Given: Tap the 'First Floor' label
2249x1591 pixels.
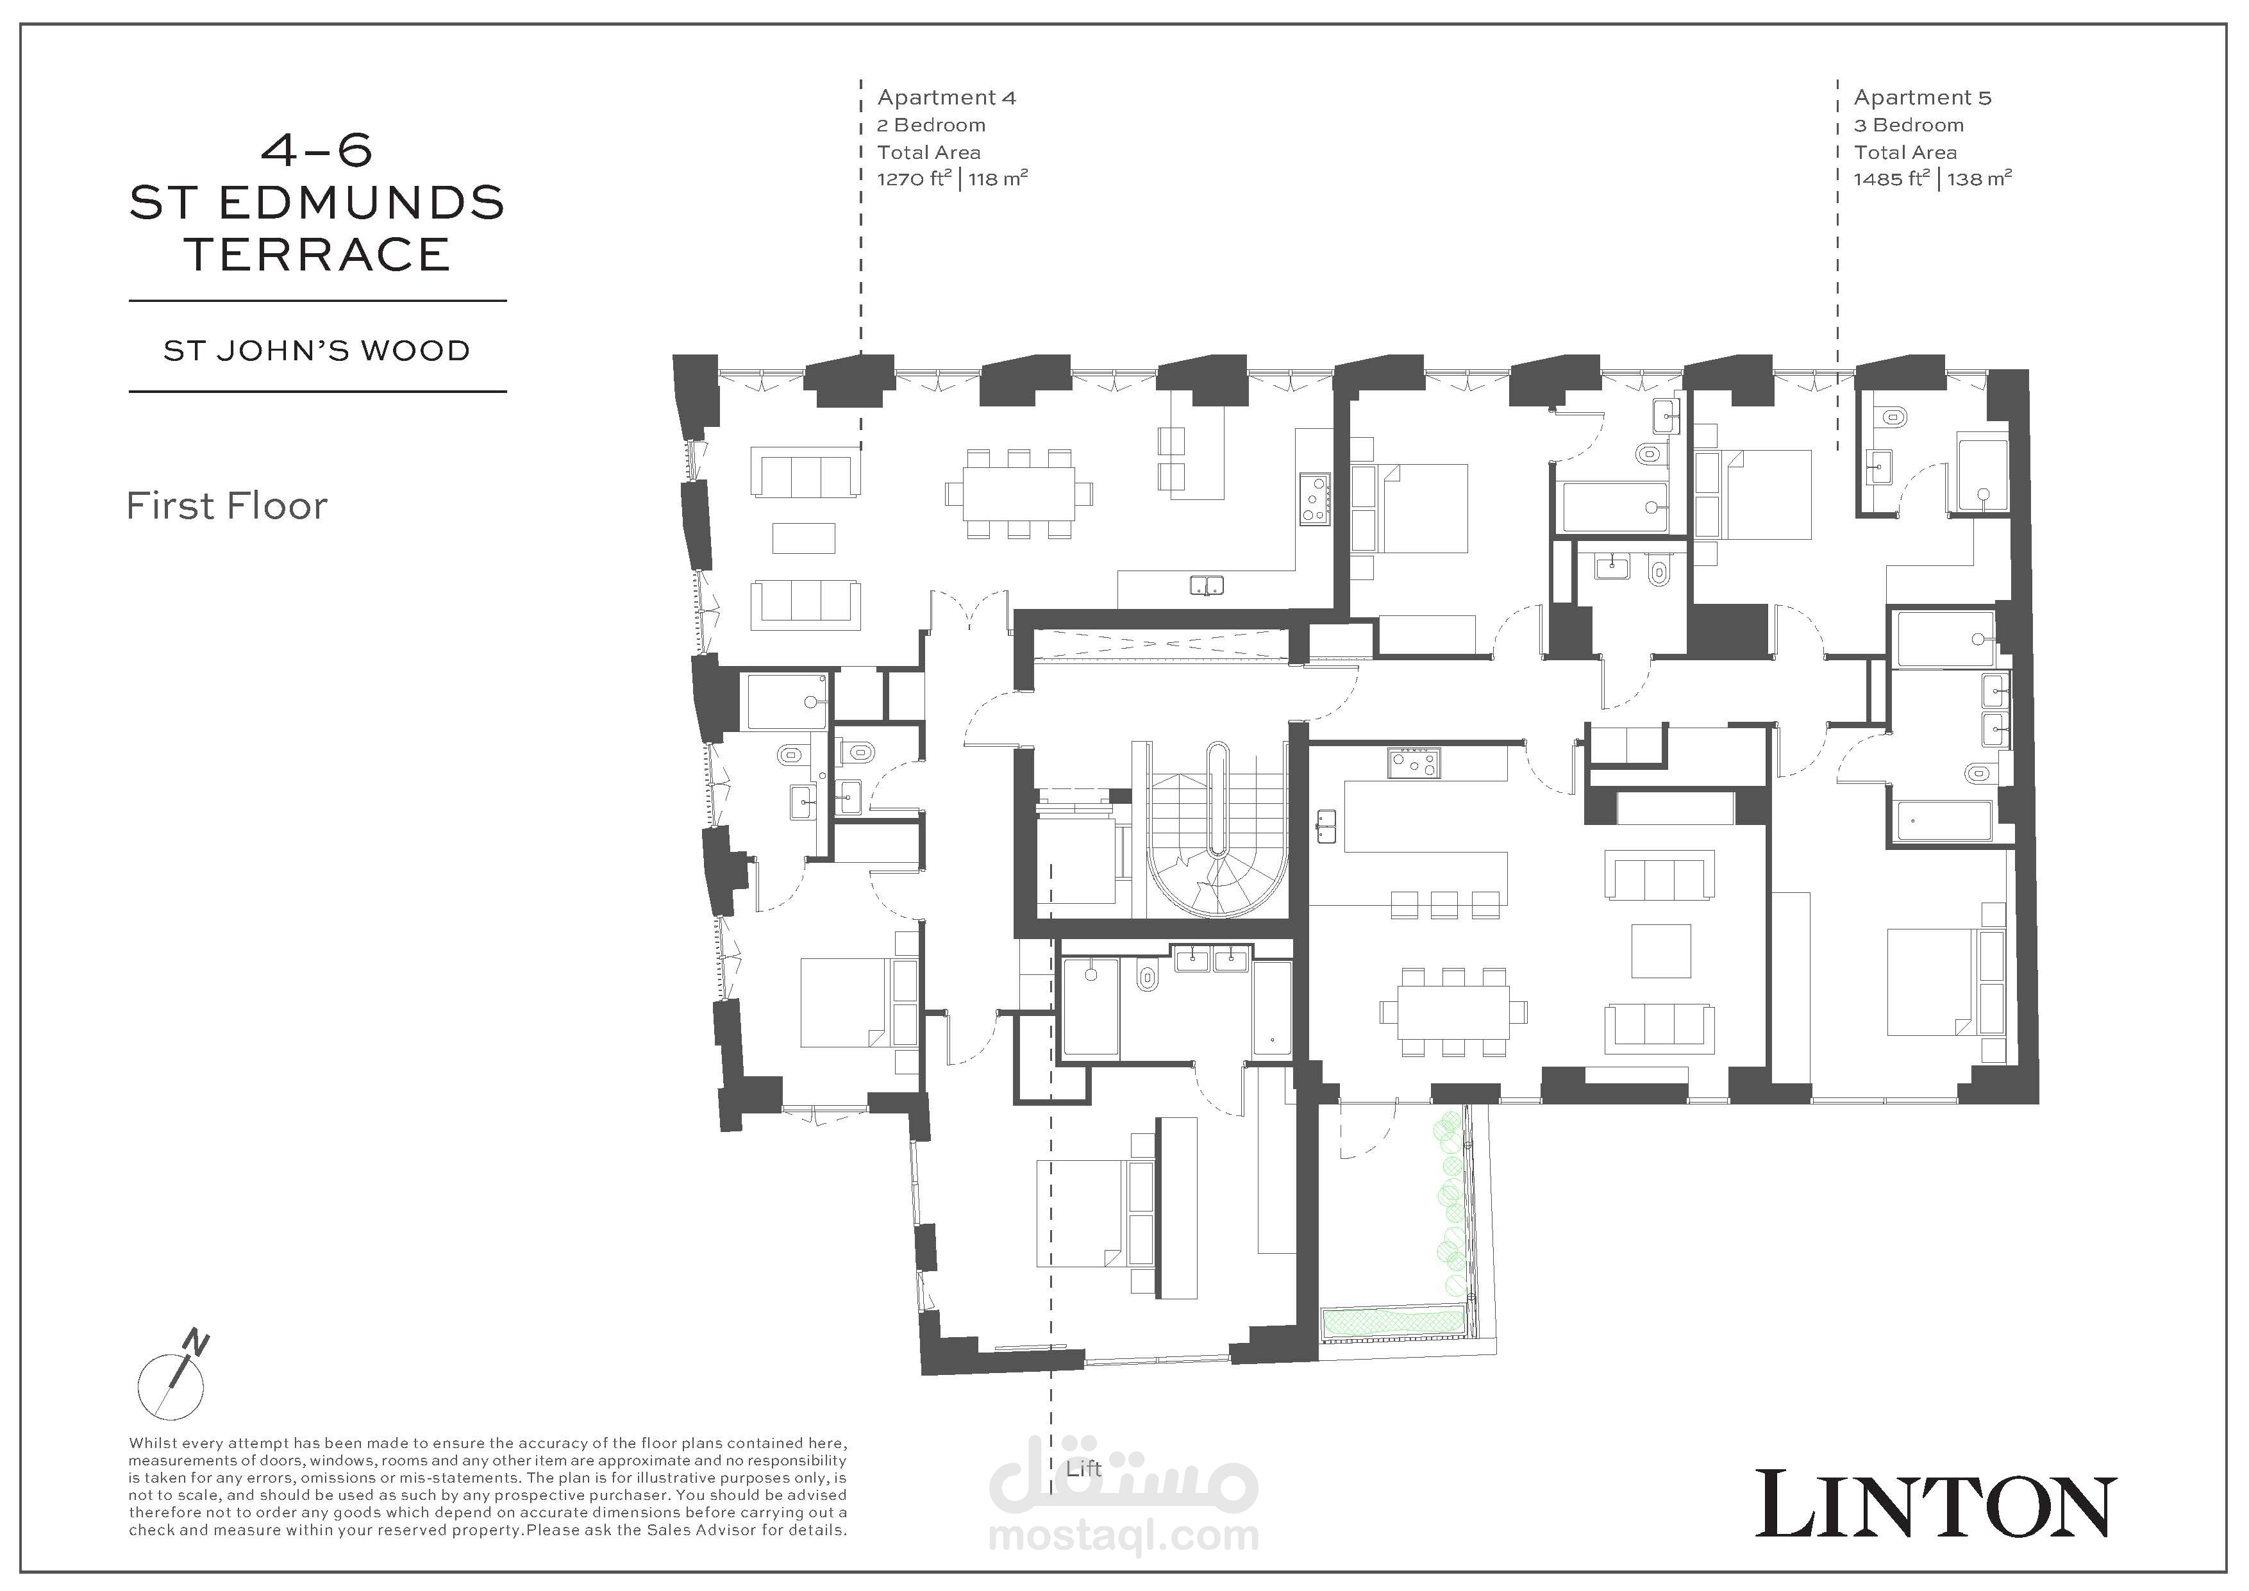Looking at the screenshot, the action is click(x=227, y=506).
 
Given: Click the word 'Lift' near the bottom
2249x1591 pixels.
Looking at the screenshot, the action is click(x=1084, y=1469).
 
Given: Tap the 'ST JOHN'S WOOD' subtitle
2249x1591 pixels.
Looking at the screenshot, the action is click(x=317, y=351).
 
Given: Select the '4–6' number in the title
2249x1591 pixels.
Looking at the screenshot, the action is click(x=317, y=150).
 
